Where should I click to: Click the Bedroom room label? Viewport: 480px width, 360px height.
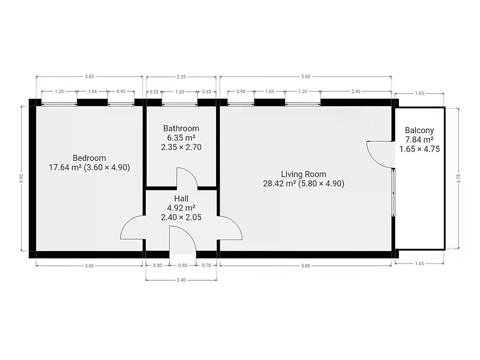89,158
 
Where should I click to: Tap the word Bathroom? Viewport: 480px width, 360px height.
181,128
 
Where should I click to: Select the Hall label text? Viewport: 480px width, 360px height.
181,198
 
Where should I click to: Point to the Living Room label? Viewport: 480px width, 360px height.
304,174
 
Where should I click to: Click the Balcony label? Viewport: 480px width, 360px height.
419,130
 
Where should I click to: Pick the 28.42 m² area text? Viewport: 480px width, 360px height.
280,184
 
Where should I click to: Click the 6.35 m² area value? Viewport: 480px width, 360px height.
181,138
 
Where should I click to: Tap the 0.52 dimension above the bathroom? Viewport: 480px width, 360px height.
154,92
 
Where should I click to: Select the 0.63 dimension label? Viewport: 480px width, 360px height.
206,92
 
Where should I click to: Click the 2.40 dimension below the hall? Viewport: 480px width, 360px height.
181,280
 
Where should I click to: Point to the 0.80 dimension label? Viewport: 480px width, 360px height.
158,265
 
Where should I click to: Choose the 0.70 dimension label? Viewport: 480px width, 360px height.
206,265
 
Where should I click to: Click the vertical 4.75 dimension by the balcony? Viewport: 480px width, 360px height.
459,178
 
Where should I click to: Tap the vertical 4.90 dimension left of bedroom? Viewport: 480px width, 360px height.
21,178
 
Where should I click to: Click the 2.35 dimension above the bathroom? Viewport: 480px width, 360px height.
181,77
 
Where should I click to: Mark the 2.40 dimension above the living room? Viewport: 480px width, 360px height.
356,91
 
